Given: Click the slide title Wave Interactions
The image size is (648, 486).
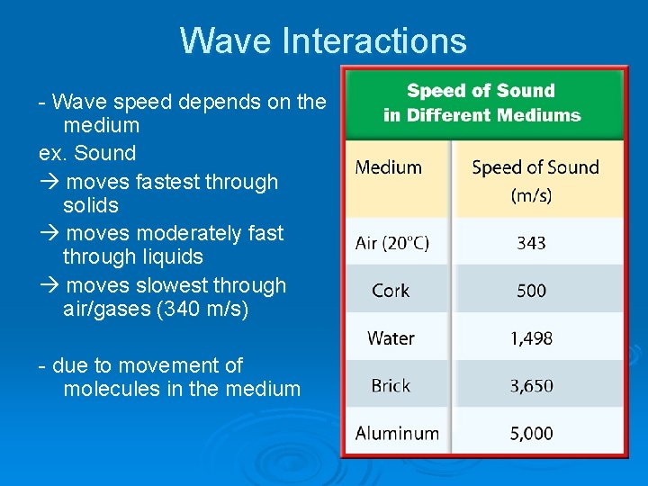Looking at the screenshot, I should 323,41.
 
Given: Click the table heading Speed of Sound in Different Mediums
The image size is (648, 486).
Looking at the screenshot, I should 481,103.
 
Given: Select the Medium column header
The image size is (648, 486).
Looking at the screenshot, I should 388,167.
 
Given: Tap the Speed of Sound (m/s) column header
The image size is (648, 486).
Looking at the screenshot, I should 535,179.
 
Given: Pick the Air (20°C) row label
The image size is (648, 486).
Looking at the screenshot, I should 392,243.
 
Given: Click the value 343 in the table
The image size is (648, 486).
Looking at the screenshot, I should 531,243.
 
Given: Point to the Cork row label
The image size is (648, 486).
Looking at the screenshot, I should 391,291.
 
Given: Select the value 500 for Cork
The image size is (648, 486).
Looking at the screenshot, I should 531,291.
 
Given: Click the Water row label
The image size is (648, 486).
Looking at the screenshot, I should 391,338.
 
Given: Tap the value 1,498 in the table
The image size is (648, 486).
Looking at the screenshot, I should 531,338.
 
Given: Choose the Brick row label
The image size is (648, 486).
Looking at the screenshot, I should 391,386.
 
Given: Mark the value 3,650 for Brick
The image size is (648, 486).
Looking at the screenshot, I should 531,386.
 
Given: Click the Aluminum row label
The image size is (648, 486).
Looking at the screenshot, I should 397,434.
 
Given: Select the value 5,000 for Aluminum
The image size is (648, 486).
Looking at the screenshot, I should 531,434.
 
